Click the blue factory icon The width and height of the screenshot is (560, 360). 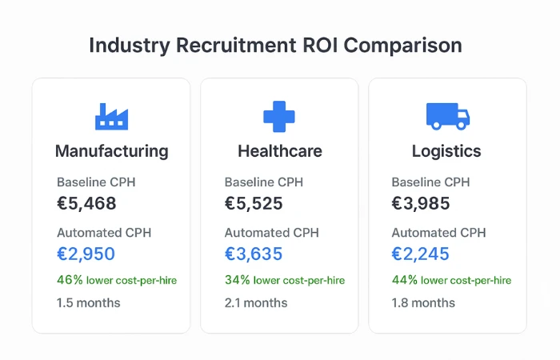click(111, 117)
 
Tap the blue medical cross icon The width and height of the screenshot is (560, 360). click(279, 117)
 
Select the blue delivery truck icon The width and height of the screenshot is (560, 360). click(447, 116)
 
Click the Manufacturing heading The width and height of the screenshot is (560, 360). click(111, 151)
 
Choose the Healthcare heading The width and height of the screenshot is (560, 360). click(279, 151)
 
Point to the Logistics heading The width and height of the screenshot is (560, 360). click(446, 151)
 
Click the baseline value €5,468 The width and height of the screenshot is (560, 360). click(86, 203)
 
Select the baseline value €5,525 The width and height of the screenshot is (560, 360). click(254, 203)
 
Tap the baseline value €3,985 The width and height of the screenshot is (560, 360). click(421, 203)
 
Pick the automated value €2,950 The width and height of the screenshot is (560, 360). click(86, 254)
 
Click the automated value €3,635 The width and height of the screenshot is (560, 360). click(254, 254)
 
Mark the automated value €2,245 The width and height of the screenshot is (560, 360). click(421, 254)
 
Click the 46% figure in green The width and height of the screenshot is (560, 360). click(69, 280)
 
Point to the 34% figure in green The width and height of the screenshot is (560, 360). click(237, 280)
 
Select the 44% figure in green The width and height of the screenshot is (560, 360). click(404, 280)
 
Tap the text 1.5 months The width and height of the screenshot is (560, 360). click(88, 303)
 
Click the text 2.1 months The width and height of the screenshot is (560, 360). click(256, 303)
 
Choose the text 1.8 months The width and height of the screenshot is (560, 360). click(423, 303)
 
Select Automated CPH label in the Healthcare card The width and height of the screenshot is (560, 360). click(271, 233)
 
